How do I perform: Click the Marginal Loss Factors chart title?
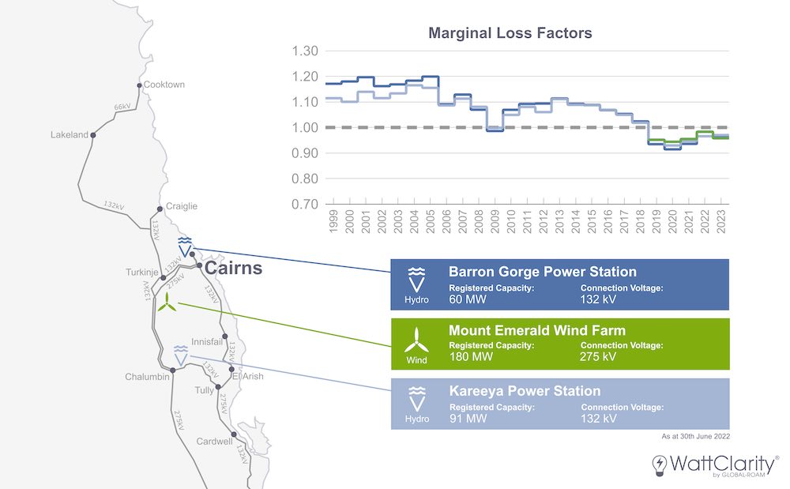pos(510,33)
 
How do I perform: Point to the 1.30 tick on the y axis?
pos(306,51)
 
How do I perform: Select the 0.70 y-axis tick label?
pos(306,204)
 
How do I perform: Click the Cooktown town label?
pos(164,85)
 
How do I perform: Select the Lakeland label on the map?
pos(70,135)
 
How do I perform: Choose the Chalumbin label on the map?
pos(146,377)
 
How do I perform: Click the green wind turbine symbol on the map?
pos(167,303)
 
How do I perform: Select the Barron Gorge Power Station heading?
pos(543,273)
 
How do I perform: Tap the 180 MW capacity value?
pos(468,357)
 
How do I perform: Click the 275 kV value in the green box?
pos(598,357)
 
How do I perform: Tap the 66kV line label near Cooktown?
pos(122,107)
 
